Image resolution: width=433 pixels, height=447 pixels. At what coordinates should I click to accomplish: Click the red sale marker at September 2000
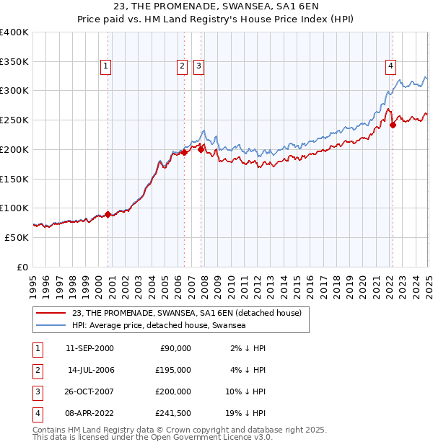tap(108, 214)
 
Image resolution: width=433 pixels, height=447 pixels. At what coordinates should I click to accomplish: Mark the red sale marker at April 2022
tap(393, 125)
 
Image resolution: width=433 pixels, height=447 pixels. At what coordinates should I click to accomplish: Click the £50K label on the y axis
tap(17, 237)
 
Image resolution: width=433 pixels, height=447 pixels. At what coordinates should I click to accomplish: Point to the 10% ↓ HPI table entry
tap(246, 391)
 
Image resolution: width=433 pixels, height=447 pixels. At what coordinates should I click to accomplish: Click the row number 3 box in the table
tap(37, 391)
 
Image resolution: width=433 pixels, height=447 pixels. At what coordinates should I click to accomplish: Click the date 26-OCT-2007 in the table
tap(90, 391)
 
